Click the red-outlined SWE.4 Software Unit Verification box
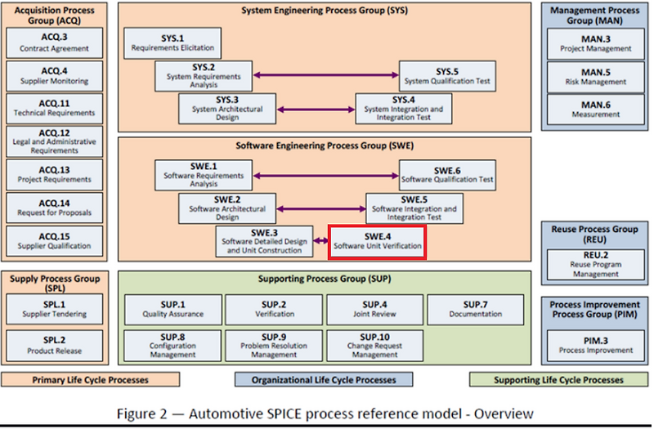click(377, 241)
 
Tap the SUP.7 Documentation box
click(475, 309)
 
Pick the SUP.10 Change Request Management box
click(374, 345)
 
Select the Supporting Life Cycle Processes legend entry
click(559, 380)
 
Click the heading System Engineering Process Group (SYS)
click(325, 11)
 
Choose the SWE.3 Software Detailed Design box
click(264, 241)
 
